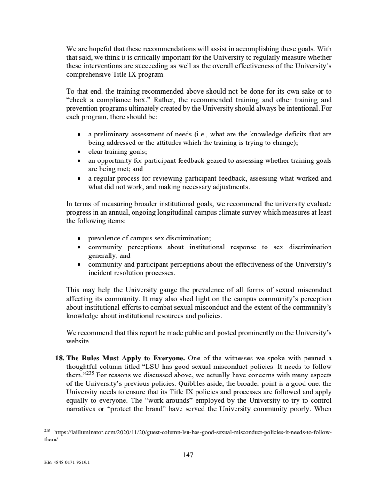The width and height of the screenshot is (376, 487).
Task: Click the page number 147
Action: click(x=188, y=455)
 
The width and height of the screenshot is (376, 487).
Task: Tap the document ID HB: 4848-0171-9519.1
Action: click(x=66, y=462)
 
